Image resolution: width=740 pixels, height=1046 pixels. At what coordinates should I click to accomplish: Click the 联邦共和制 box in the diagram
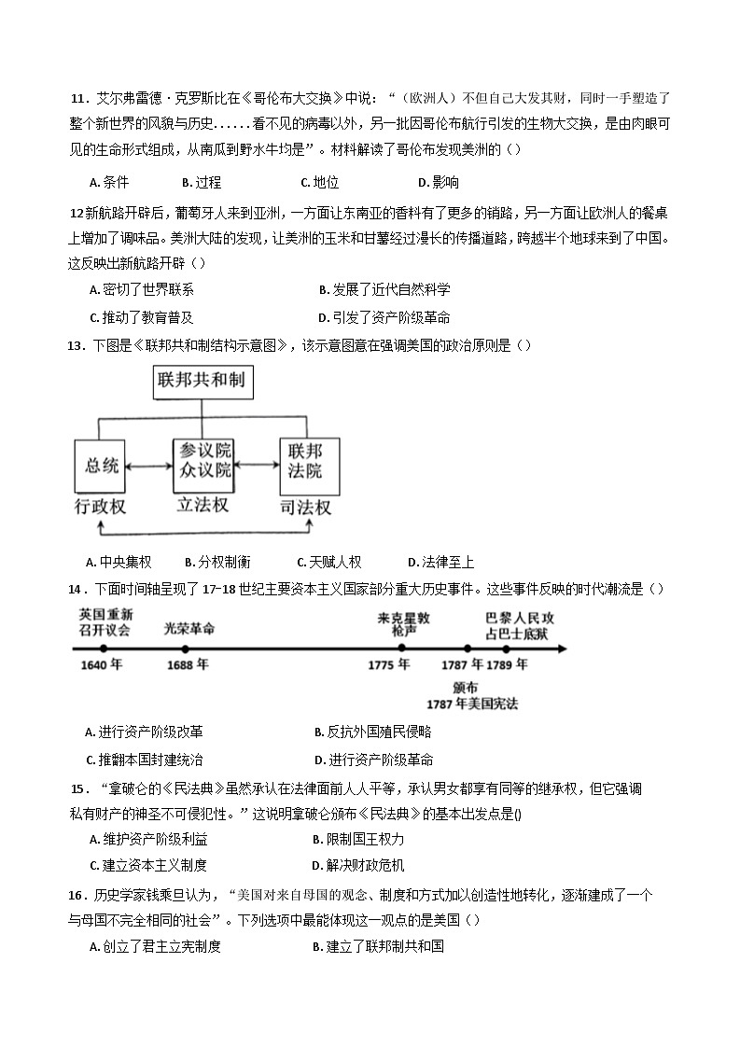coord(205,381)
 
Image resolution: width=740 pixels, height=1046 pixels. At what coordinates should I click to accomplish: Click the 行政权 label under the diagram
coord(100,508)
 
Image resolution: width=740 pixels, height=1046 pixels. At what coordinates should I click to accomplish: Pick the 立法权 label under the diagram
coord(202,506)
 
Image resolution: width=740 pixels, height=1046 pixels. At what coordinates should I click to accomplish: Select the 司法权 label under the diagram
coord(305,508)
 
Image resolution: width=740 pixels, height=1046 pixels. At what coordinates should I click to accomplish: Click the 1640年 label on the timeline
coord(102,665)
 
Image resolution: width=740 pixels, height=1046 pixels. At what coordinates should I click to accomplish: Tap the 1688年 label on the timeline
coord(187,665)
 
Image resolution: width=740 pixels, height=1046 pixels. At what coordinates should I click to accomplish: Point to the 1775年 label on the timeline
coord(389,665)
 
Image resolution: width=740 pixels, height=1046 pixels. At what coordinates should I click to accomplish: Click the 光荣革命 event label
coord(189,628)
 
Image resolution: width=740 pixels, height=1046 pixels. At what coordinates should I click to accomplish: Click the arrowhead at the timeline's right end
coord(563,649)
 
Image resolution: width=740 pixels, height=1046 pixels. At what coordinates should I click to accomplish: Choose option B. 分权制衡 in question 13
coord(217,562)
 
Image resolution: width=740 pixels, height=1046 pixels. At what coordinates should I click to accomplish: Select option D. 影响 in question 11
coord(438,182)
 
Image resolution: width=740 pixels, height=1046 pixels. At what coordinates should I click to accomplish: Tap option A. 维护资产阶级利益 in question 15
coord(147,839)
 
